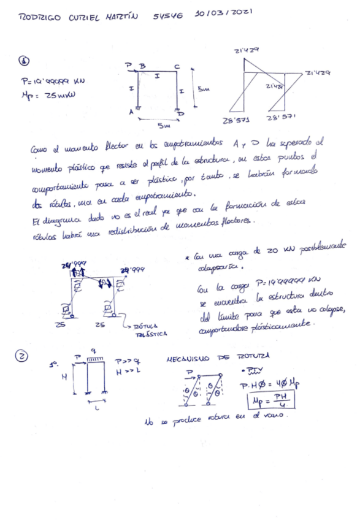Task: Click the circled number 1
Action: pos(24,61)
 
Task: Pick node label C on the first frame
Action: pos(177,66)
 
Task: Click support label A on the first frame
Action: pos(131,112)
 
